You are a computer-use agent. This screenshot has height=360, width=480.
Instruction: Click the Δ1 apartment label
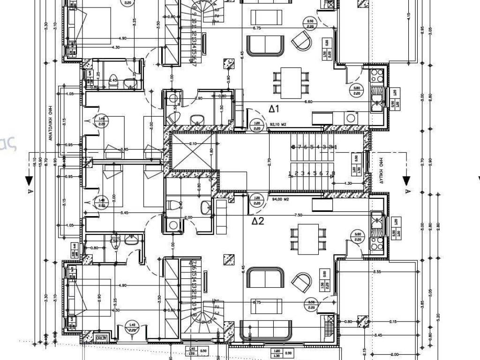[274, 109]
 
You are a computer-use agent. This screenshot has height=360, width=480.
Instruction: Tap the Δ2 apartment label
[258, 221]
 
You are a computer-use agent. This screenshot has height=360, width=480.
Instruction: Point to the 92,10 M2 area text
[277, 125]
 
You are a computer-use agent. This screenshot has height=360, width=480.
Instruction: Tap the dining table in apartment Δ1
[291, 83]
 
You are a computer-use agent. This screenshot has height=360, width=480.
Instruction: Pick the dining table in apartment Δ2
[308, 239]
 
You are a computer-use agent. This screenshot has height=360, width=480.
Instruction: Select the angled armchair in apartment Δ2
[301, 282]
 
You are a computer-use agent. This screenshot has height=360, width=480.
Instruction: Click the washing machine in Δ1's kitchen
[350, 118]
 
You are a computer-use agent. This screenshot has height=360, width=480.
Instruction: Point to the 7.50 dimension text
[298, 215]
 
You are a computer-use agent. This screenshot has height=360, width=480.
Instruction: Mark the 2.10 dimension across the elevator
[192, 143]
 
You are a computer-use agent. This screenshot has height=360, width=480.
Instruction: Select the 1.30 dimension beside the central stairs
[348, 184]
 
